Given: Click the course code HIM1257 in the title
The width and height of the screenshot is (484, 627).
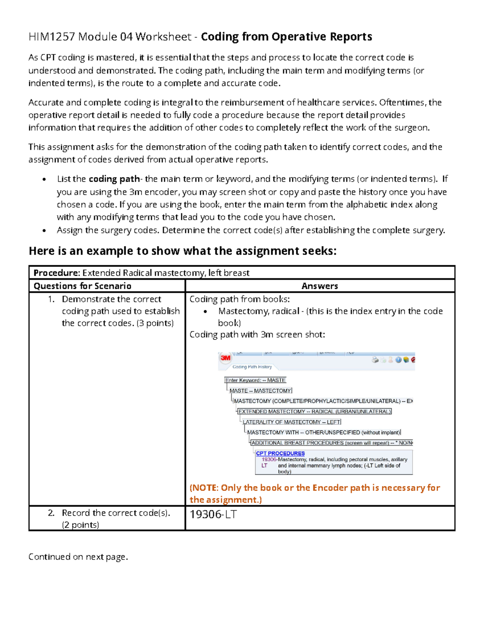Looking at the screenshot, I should tap(51, 37).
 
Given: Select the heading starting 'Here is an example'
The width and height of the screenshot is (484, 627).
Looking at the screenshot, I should tap(182, 251).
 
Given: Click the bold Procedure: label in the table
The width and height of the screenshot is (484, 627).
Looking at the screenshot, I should tap(56, 273).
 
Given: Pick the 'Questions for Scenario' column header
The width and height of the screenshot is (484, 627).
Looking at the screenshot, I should tap(82, 286).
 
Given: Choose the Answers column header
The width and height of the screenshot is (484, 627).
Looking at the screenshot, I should tap(319, 286).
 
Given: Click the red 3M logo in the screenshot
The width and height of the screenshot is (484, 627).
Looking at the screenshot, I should tap(225, 358).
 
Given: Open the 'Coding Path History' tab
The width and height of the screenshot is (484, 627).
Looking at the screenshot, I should tap(252, 367).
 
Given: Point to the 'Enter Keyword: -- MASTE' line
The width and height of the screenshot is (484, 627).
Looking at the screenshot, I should tap(255, 380).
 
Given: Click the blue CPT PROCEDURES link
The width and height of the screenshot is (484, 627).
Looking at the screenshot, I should tap(280, 453).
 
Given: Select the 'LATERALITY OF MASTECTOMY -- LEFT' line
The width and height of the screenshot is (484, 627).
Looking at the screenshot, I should tap(292, 422).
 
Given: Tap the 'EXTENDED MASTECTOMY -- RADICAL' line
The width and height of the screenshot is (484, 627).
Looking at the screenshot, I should tap(315, 411).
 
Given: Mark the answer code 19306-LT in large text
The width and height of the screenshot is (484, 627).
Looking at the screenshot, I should tap(213, 514).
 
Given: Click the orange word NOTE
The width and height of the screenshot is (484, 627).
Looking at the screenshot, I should tap(204, 488).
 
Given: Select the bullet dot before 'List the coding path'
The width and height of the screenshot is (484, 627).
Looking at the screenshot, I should tap(44, 180).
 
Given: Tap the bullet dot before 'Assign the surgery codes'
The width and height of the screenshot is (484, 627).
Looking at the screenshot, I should tap(44, 231).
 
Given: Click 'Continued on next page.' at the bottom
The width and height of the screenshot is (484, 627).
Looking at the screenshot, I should tap(78, 557).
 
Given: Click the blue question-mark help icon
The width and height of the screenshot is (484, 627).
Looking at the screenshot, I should tap(398, 360).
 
